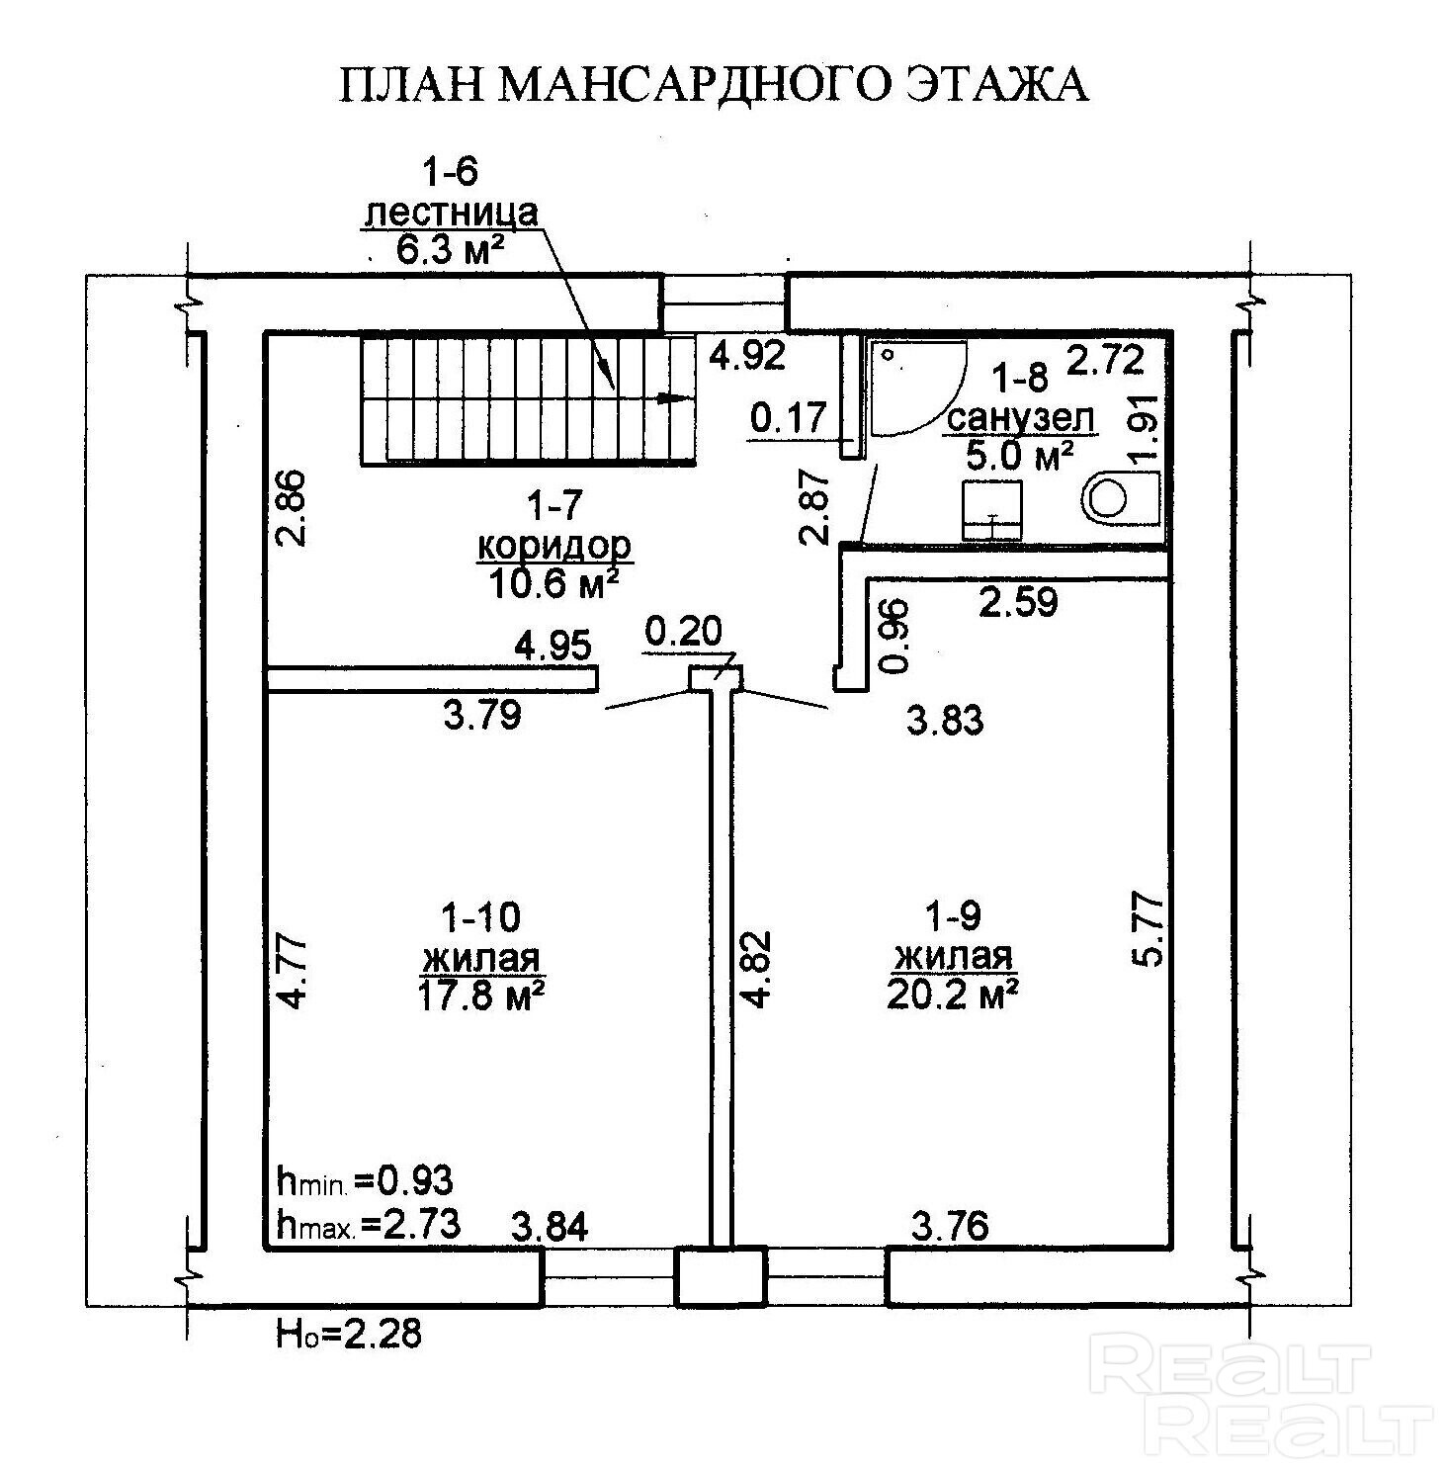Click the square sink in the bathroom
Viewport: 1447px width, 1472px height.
pos(991,510)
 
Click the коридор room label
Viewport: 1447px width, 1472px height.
pos(553,546)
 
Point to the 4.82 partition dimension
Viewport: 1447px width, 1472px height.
pos(758,968)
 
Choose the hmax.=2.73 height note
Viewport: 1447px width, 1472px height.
pos(369,1225)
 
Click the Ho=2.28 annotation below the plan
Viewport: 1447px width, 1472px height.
pos(349,1334)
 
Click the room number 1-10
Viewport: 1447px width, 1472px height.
pos(480,917)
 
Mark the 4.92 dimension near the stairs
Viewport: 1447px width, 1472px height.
pos(748,355)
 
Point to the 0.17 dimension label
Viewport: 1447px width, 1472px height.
pos(788,418)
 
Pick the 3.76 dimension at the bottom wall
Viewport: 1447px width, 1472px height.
pos(949,1226)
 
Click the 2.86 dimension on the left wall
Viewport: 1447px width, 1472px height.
pos(294,507)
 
